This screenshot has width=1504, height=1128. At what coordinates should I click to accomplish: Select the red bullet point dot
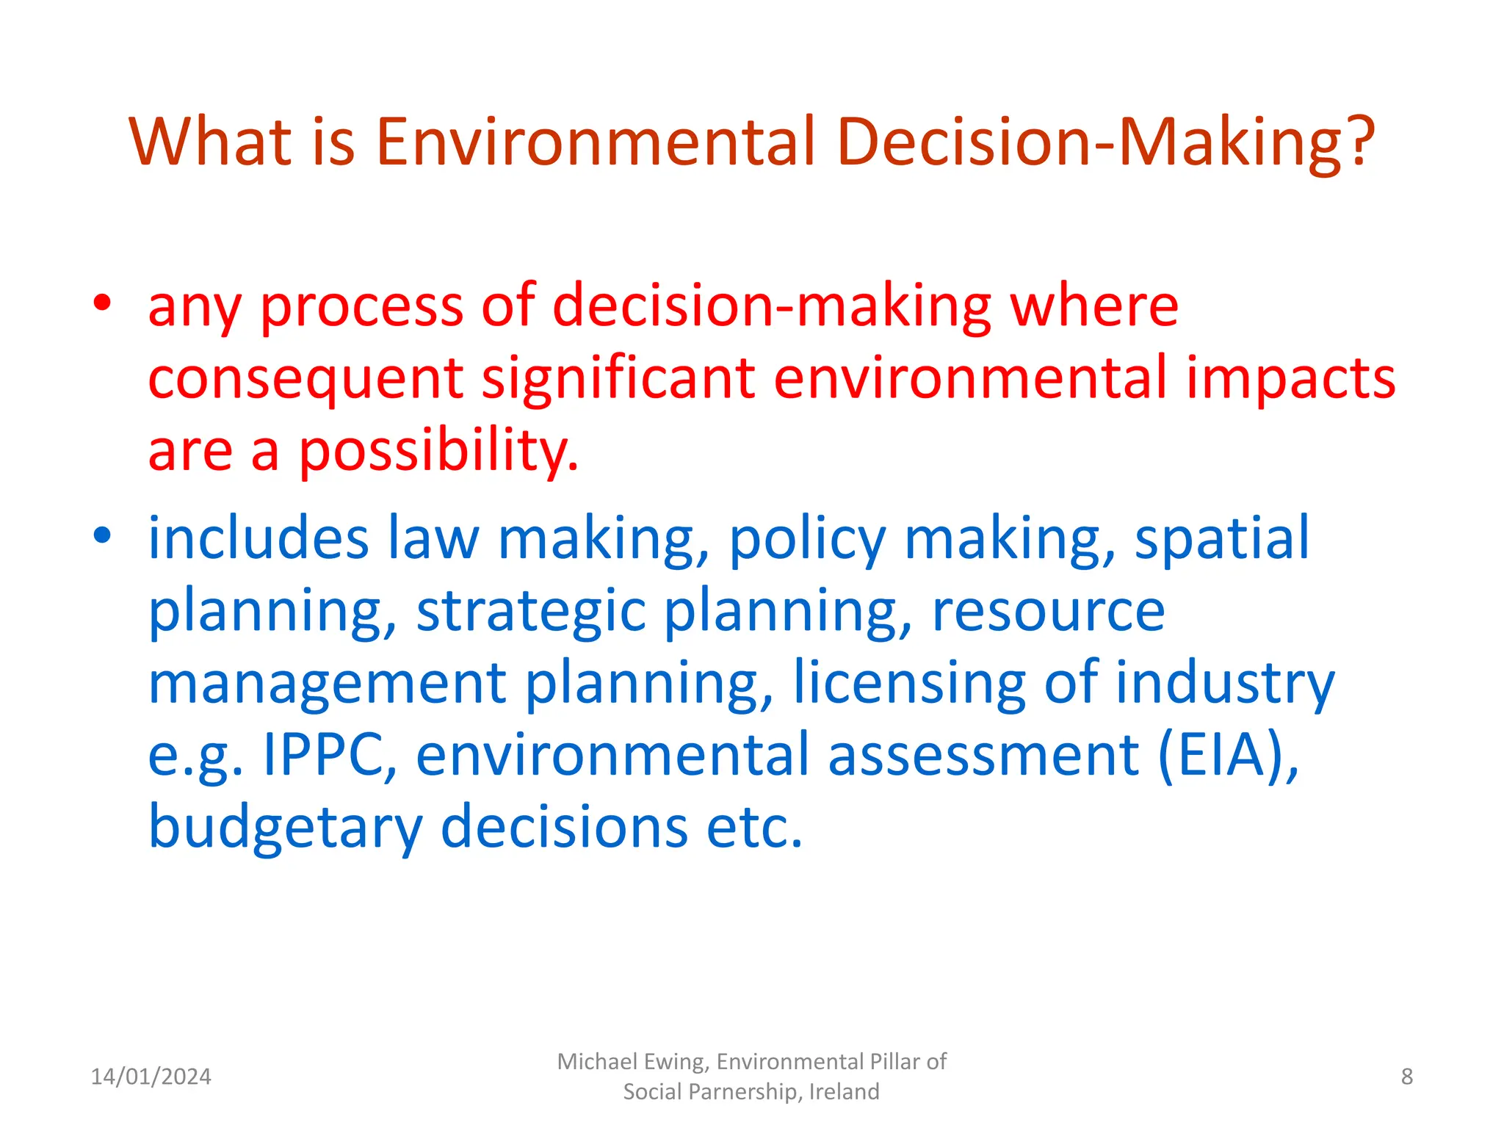[x=103, y=303]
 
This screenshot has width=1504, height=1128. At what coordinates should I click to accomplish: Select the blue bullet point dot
[x=103, y=536]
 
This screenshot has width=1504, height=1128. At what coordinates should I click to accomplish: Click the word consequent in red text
[x=305, y=379]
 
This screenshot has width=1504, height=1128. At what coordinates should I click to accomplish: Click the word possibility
[x=438, y=451]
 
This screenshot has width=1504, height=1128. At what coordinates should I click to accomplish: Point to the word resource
[x=1048, y=611]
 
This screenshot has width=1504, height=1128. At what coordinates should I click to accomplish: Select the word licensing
[x=909, y=683]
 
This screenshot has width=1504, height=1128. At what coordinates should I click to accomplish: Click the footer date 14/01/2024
[x=151, y=1077]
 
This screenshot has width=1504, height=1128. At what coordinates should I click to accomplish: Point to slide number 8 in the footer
[x=1406, y=1077]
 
